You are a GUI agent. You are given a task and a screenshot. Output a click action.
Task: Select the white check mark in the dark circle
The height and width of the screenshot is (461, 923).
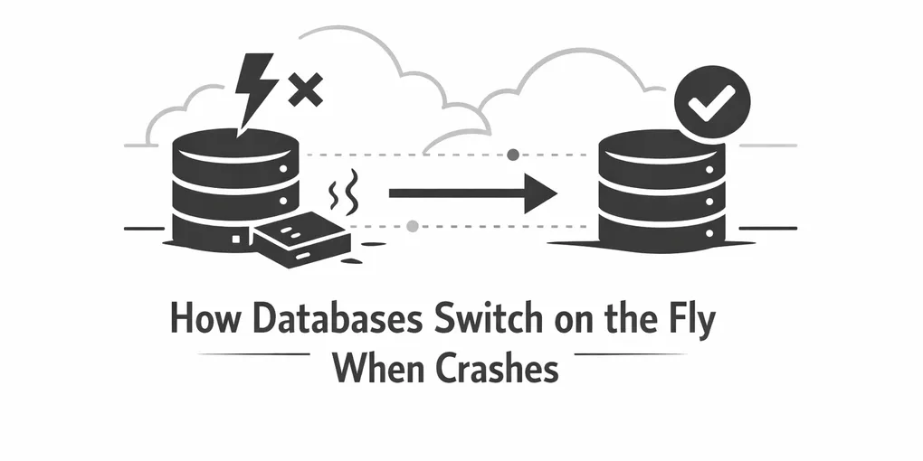(x=708, y=107)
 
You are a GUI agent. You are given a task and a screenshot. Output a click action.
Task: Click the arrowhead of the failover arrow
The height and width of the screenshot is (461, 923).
(x=539, y=193)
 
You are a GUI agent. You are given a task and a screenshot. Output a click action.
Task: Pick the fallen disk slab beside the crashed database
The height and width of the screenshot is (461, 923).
(x=301, y=238)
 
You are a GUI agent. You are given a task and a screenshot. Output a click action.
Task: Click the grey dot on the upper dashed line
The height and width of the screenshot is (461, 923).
(x=513, y=155)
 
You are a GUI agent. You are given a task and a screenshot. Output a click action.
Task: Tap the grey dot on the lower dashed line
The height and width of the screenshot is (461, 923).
(x=413, y=226)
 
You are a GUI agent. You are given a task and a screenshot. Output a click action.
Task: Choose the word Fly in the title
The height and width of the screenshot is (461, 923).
(x=690, y=324)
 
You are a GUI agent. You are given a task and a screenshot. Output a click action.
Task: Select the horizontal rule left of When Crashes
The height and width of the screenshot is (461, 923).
(x=253, y=354)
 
